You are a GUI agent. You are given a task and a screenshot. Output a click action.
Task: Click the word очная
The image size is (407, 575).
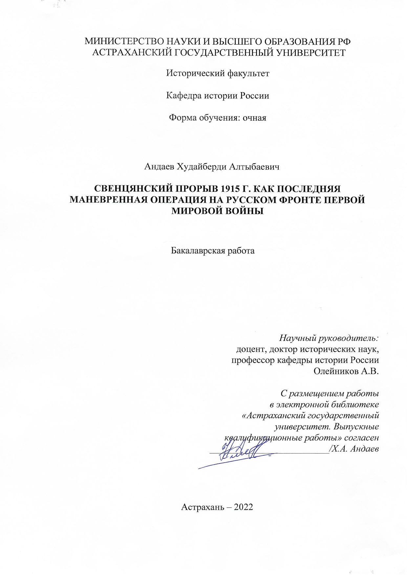coord(254,118)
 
